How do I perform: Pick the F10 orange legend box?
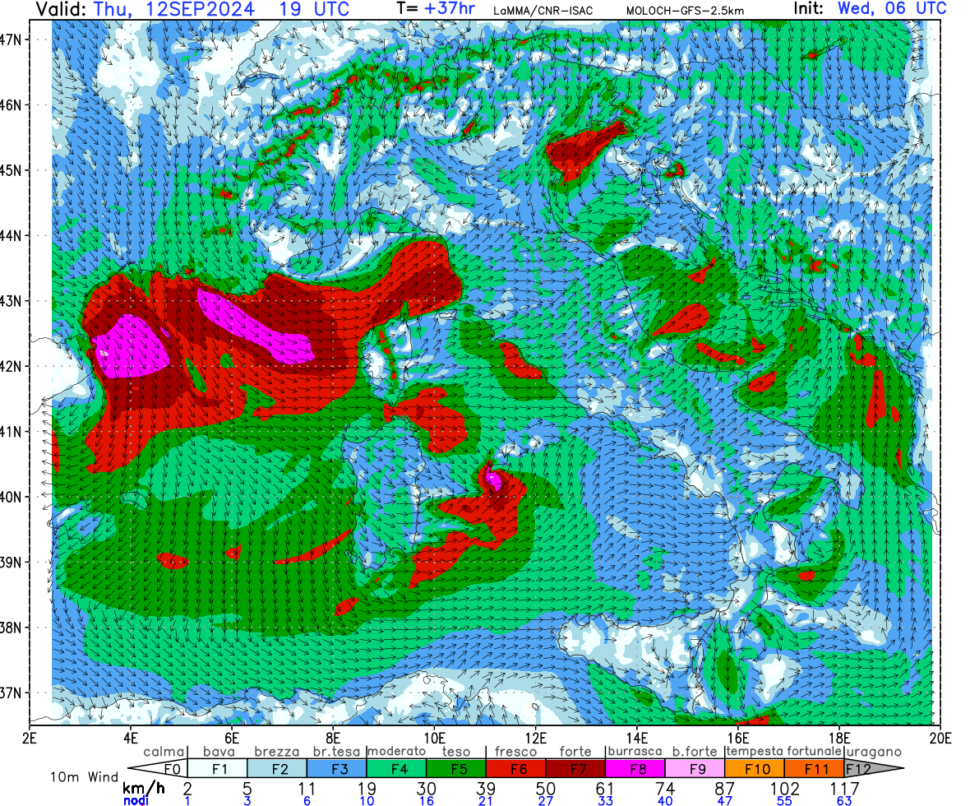pos(754,769)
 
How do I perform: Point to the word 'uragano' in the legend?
pos(874,752)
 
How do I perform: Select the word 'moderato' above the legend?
pos(396,752)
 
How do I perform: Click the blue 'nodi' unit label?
pos(136,801)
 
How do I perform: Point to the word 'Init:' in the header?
pos(813,10)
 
